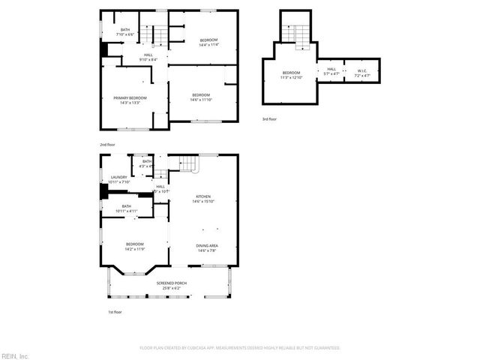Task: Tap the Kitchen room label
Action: tap(203, 199)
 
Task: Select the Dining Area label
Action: tap(207, 248)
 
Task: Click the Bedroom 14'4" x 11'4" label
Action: tap(208, 42)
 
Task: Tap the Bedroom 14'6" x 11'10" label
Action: tap(201, 97)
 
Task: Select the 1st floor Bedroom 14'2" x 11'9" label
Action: tap(134, 246)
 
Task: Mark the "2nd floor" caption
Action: tap(108, 144)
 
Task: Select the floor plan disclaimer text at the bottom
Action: tap(240, 348)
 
